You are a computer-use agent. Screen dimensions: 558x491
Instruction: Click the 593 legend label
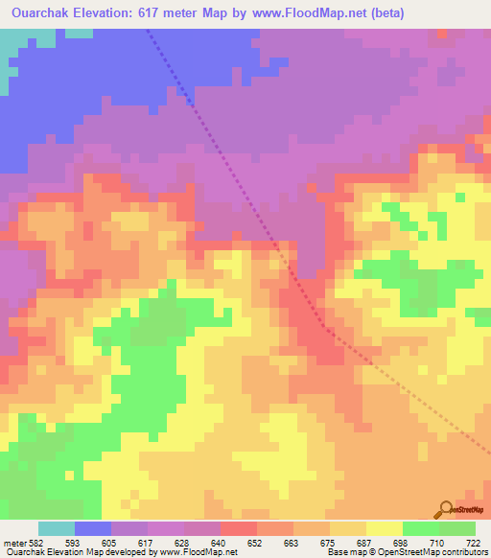click(73, 542)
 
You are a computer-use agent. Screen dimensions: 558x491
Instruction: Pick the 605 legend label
click(110, 542)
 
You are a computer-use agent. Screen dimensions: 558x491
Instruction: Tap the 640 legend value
click(220, 542)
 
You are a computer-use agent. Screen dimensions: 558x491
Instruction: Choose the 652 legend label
click(256, 542)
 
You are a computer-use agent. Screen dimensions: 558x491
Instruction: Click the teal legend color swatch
click(57, 528)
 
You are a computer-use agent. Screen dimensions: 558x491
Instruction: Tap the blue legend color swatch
click(93, 528)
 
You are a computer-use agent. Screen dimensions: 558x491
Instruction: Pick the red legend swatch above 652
click(239, 528)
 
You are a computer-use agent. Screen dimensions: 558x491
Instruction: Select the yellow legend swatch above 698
click(384, 528)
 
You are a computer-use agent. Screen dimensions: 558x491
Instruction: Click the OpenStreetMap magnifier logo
click(444, 509)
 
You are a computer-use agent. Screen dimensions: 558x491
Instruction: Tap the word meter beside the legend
click(13, 542)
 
